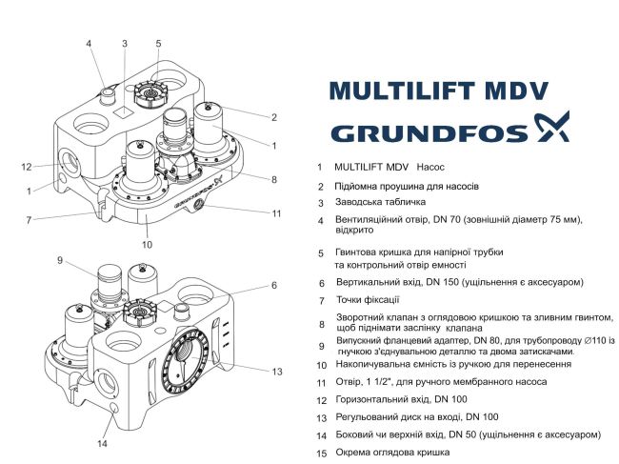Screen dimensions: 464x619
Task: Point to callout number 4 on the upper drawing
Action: click(89, 44)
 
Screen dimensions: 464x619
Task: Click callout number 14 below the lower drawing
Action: click(103, 443)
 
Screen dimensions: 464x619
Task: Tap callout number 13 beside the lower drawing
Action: click(277, 371)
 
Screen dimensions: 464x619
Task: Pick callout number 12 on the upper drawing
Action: click(28, 167)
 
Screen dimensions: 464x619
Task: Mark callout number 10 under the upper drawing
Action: click(147, 244)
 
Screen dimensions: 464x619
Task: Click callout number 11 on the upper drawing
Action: click(276, 212)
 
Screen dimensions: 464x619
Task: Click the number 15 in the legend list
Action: click(321, 453)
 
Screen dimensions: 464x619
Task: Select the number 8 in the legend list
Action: click(321, 324)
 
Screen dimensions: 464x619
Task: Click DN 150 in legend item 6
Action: click(430, 283)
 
